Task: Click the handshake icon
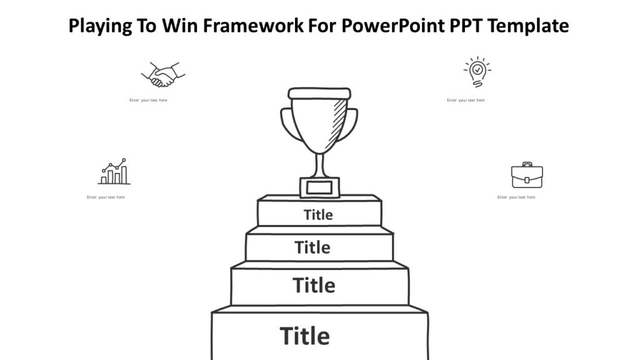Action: (x=163, y=74)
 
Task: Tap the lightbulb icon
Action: (x=477, y=71)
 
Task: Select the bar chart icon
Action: (x=114, y=172)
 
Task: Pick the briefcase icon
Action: (x=526, y=176)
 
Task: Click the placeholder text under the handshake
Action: (x=148, y=100)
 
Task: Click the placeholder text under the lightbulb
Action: (x=466, y=100)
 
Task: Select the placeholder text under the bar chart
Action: (x=106, y=197)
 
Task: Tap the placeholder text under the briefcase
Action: (x=516, y=197)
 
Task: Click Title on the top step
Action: (x=318, y=215)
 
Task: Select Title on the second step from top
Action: (x=312, y=247)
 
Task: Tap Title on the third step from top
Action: (x=314, y=286)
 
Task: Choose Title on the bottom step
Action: (x=304, y=336)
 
